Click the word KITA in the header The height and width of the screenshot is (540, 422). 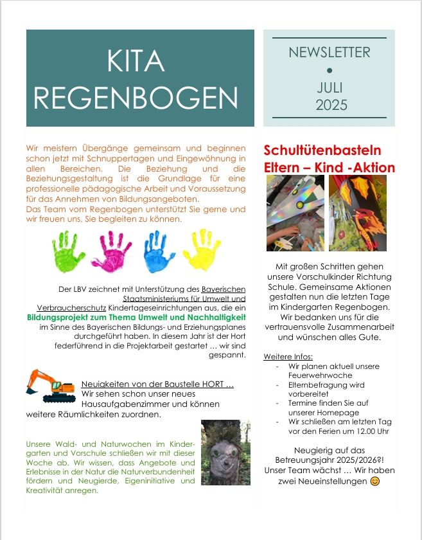tap(136, 61)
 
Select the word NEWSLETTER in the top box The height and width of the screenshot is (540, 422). tap(330, 53)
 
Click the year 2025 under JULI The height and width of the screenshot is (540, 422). tap(331, 105)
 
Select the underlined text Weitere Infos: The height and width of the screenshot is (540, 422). tap(288, 356)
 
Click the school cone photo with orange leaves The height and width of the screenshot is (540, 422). tap(358, 213)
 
